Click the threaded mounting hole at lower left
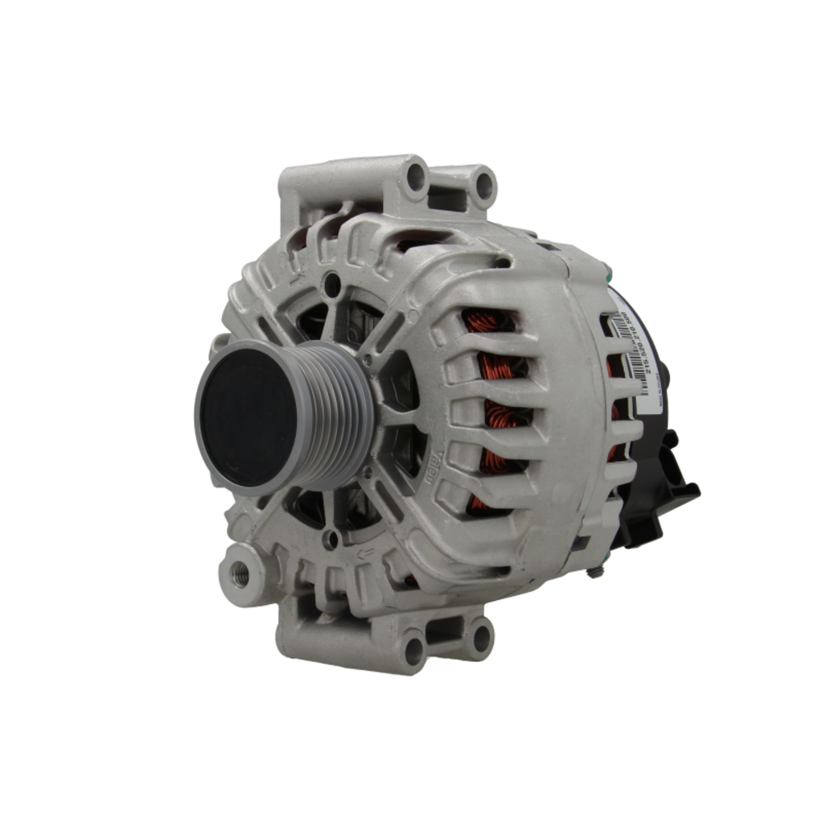pyautogui.click(x=241, y=573)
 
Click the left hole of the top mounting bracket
pyautogui.click(x=416, y=176)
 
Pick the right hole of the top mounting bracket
pyautogui.click(x=483, y=185)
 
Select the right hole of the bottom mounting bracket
pyautogui.click(x=481, y=635)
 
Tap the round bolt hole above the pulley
pyautogui.click(x=332, y=285)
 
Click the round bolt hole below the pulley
pyautogui.click(x=330, y=539)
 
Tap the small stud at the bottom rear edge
pyautogui.click(x=594, y=570)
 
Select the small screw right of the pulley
pyautogui.click(x=367, y=360)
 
